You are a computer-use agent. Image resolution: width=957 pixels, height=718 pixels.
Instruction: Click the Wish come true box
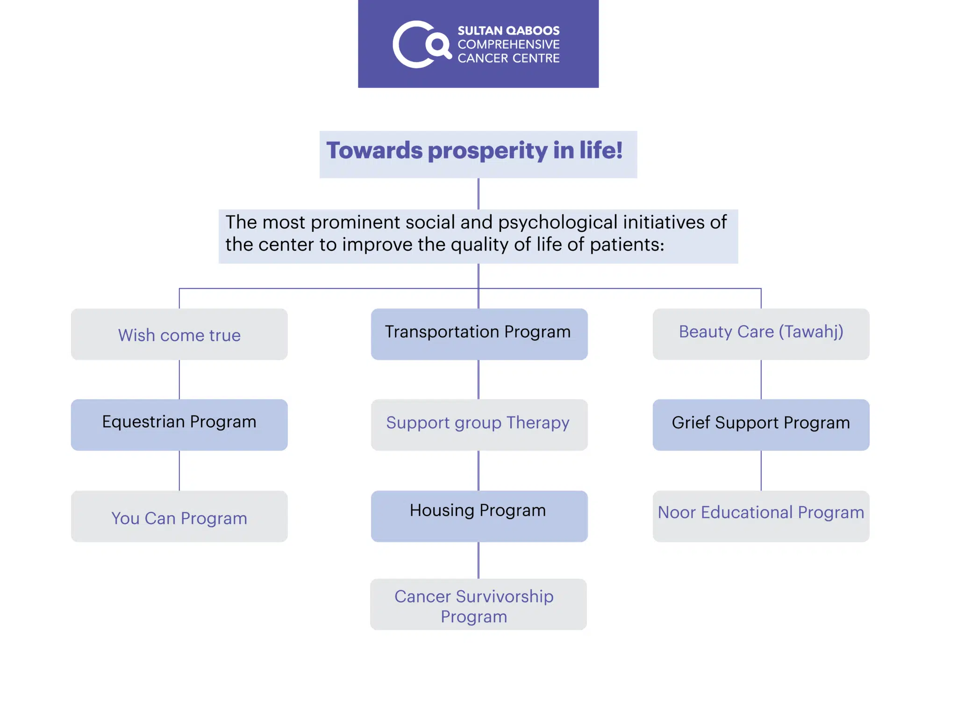tap(179, 334)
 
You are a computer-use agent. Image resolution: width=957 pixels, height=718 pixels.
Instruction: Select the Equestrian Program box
tap(179, 425)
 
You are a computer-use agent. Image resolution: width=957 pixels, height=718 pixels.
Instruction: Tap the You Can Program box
tap(179, 516)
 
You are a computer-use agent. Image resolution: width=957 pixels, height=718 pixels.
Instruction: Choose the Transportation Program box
tap(479, 334)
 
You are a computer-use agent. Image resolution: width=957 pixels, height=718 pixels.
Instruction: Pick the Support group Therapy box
tap(479, 425)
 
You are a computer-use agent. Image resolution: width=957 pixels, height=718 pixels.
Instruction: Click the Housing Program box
tap(479, 516)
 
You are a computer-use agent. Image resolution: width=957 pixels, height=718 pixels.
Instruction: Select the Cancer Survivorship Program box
tap(478, 604)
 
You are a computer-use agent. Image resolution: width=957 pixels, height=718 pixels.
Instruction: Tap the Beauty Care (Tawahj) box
tap(761, 334)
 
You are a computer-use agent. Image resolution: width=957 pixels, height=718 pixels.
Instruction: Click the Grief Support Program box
tap(761, 425)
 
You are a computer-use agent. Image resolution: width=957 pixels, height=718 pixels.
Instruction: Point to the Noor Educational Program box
tap(761, 516)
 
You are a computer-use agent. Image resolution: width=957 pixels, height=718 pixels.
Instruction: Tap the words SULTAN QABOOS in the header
tap(508, 31)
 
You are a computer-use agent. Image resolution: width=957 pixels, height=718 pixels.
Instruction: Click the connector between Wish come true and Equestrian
tap(179, 380)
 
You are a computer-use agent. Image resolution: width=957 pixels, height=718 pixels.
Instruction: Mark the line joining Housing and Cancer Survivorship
tap(478, 560)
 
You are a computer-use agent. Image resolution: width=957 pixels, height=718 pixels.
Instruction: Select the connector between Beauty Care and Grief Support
tap(761, 380)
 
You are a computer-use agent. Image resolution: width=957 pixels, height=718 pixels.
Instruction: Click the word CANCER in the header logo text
tap(480, 58)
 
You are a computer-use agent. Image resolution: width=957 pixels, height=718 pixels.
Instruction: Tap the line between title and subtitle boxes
tap(478, 194)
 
